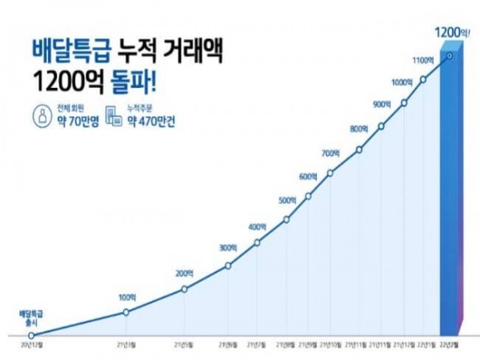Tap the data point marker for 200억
(185, 290)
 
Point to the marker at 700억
(330, 172)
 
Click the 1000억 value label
(402, 82)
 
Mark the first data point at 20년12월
(31, 334)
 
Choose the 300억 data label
(227, 247)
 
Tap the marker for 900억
(381, 126)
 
